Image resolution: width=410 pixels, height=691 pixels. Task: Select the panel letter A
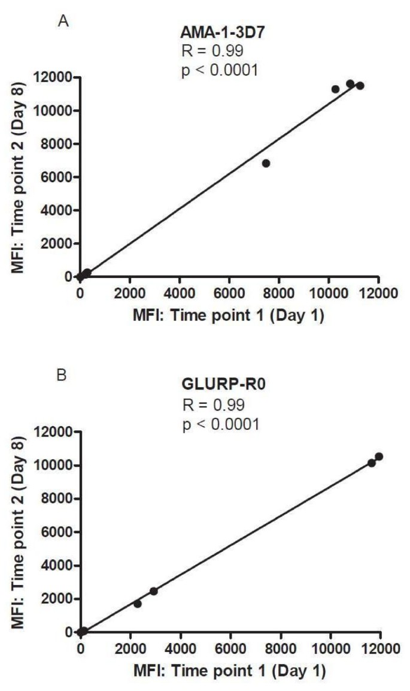[x=61, y=22]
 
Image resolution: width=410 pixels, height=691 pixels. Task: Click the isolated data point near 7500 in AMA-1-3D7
[x=266, y=163]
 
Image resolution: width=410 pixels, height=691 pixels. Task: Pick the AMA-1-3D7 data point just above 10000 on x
[x=335, y=89]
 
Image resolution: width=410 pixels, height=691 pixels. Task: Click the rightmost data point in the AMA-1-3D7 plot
[x=360, y=86]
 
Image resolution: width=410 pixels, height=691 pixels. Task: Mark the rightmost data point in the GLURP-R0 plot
[x=378, y=457]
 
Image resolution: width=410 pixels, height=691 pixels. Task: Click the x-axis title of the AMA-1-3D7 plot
[x=228, y=313]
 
